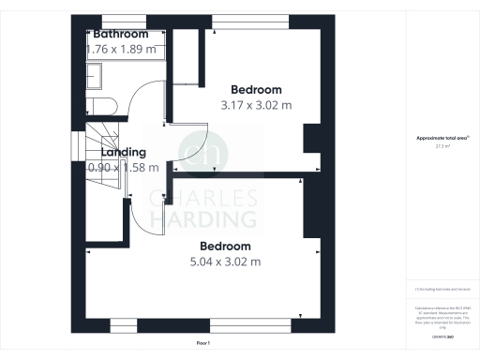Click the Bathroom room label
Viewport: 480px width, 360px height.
point(120,35)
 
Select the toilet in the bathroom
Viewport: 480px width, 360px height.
point(99,105)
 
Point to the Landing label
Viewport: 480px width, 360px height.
point(124,152)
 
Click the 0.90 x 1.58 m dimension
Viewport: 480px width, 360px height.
point(122,167)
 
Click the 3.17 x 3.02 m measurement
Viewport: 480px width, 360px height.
point(255,105)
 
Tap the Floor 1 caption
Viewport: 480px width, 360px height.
point(203,344)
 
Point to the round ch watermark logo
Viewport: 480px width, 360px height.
point(203,152)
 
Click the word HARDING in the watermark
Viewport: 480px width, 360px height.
point(203,218)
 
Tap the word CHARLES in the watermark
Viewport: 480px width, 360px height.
point(203,198)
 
